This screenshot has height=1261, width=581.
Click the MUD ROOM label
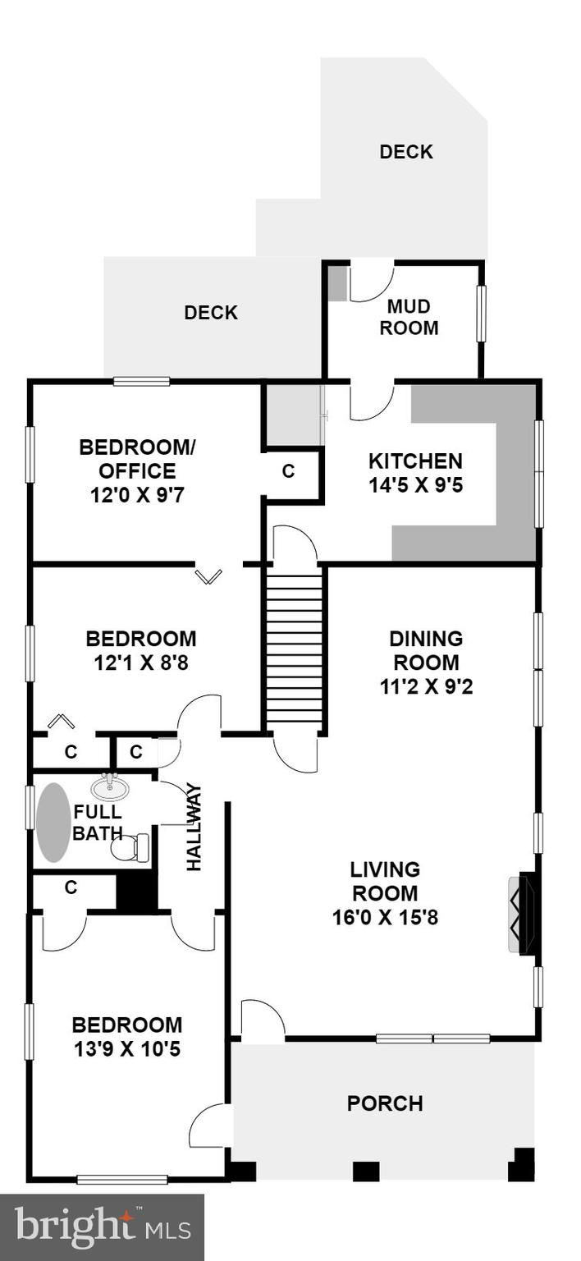point(409,317)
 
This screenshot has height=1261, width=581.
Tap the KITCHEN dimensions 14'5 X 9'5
point(415,484)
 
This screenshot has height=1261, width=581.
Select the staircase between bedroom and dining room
point(294,651)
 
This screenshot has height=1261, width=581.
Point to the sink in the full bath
point(110,787)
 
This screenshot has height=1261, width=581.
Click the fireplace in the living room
point(523,913)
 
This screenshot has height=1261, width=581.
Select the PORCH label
point(385,1103)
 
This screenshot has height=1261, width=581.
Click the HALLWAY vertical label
point(194,827)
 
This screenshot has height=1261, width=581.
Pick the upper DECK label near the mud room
point(406,151)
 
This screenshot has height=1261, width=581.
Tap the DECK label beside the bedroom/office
point(211,313)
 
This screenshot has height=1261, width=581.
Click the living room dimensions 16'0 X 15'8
point(385,918)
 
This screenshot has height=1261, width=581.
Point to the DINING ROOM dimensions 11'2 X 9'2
point(426,687)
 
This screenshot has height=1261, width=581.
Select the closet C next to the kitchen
point(288,470)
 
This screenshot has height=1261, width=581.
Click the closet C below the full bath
point(71,887)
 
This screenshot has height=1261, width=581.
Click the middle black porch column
point(364,1172)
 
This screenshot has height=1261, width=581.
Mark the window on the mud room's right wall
point(482,314)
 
